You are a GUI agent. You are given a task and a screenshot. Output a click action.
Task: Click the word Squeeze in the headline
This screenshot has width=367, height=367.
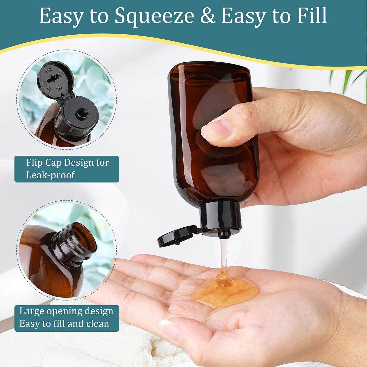point(154,16)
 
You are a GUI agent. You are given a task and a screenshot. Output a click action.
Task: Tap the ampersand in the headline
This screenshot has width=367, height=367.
point(208,16)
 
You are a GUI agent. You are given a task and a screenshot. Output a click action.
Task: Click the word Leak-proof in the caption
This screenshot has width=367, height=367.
point(50,175)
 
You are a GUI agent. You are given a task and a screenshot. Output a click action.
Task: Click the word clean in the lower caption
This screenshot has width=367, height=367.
point(98,324)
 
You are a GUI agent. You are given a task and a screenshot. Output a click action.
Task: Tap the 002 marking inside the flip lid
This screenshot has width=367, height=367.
point(49,70)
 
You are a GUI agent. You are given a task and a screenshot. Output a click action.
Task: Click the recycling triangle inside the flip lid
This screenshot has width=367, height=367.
point(59,88)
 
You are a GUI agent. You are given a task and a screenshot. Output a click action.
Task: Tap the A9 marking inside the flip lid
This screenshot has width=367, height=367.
point(49,89)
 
